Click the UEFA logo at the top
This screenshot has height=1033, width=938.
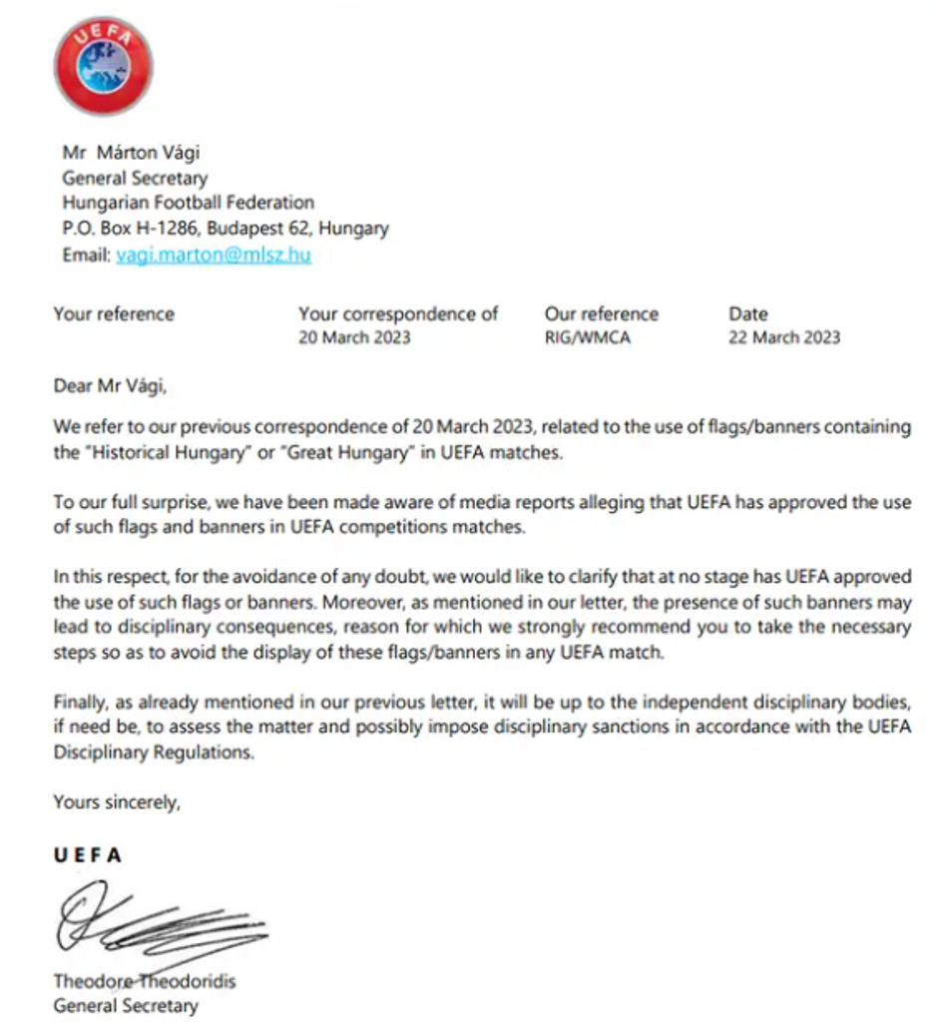click(x=103, y=66)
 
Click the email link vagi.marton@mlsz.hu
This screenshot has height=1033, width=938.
click(x=213, y=255)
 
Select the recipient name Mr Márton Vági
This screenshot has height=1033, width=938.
click(x=131, y=153)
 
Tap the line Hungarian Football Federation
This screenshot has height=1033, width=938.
click(x=188, y=203)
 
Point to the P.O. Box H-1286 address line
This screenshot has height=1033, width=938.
click(x=225, y=229)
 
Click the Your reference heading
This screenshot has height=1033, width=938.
click(x=114, y=313)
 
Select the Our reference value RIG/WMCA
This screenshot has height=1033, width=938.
click(x=587, y=337)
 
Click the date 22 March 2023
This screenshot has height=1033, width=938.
click(x=783, y=337)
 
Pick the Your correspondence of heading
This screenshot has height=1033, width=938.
click(x=398, y=313)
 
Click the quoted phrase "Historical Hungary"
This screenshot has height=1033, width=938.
click(x=163, y=452)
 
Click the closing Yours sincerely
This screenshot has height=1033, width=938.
click(x=117, y=802)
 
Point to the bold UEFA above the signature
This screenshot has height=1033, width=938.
click(x=88, y=855)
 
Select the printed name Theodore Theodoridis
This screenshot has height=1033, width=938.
click(x=145, y=981)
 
